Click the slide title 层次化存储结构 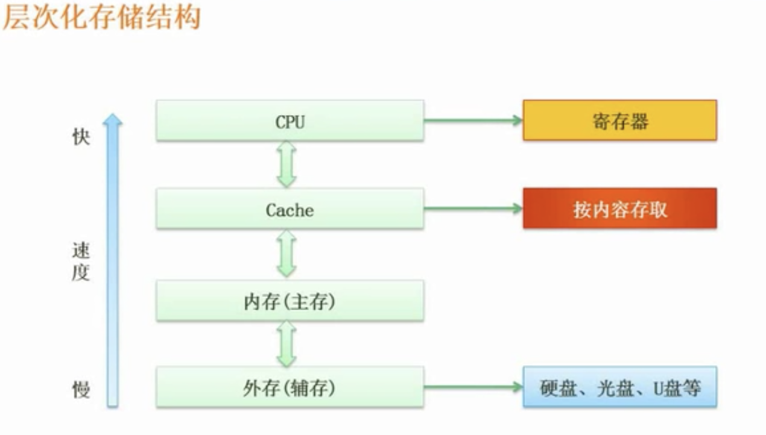point(101,17)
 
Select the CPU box point(290,121)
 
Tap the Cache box point(290,209)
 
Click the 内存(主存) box point(290,301)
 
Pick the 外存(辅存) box point(290,387)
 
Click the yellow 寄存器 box point(619,120)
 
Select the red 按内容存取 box point(619,208)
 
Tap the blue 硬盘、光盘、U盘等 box point(619,387)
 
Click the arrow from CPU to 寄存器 point(473,120)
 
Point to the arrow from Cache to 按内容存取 point(473,208)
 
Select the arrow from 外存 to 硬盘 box point(473,387)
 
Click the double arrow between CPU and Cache point(286,164)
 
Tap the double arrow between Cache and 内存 point(286,254)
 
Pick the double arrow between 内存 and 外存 point(286,343)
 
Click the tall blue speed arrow point(112,259)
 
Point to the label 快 point(81,137)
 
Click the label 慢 point(81,389)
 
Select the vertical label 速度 point(81,262)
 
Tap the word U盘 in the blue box point(668,387)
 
